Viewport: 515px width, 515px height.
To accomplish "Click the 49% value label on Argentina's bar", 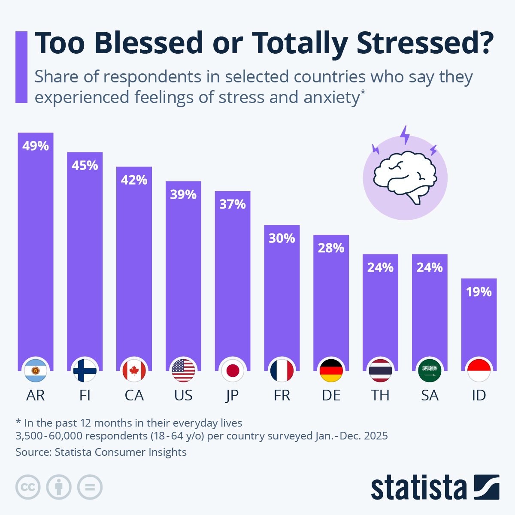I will (x=36, y=146).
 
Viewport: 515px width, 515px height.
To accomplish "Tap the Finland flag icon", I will (x=85, y=370).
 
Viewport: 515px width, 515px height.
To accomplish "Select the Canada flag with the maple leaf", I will (x=134, y=370).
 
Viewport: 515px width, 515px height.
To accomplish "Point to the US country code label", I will (x=183, y=395).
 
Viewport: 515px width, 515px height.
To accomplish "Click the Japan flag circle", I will (x=233, y=370).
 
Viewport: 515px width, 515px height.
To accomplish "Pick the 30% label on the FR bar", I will (x=282, y=238).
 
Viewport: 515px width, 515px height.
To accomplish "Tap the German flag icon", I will (x=331, y=370).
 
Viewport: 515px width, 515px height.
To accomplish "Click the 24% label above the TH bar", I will (x=380, y=267).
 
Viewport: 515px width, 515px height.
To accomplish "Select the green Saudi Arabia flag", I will (x=430, y=370).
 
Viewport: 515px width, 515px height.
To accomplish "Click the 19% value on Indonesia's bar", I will (x=479, y=292).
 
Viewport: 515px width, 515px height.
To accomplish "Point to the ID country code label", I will (x=479, y=395).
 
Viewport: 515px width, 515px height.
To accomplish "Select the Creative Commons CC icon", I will (x=28, y=487).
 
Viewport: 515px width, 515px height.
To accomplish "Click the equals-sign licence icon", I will (x=90, y=487).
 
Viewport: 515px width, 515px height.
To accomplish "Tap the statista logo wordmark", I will (x=418, y=488).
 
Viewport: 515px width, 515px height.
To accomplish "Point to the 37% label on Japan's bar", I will (x=232, y=204).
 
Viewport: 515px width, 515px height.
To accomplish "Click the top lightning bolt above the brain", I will (x=405, y=135).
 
